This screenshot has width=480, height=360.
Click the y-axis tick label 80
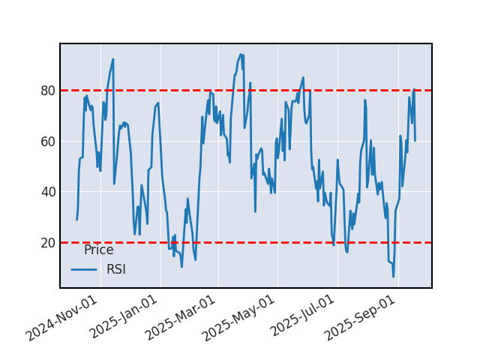(x=47, y=91)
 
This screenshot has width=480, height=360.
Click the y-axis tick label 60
(x=47, y=141)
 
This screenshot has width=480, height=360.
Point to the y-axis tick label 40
(x=47, y=192)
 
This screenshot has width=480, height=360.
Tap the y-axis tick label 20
(x=47, y=242)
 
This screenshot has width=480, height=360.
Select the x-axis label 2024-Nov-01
(x=62, y=318)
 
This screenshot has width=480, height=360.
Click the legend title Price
(x=98, y=250)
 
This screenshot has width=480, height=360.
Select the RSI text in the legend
(x=116, y=270)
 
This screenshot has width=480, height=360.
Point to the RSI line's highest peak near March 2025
(x=241, y=54)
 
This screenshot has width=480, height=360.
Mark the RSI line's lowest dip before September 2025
(x=393, y=277)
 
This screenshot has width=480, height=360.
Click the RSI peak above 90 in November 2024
(x=113, y=59)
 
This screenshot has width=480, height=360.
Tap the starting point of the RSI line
(x=76, y=219)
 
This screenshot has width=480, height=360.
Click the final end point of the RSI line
(x=415, y=140)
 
